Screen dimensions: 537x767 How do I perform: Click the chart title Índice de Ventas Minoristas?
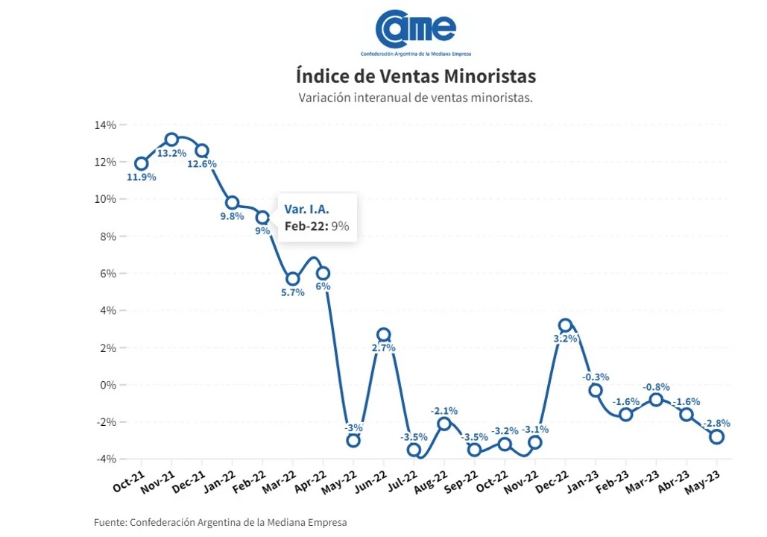coord(415,77)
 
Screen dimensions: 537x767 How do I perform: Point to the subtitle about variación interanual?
coord(415,98)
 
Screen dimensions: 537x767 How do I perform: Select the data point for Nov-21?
coord(171,139)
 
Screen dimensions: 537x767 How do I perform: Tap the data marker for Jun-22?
coord(383,335)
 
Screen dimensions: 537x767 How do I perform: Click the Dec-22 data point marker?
coord(565,325)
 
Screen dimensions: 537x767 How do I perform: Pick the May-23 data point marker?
coord(716,436)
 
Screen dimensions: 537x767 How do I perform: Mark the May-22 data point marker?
coord(353,440)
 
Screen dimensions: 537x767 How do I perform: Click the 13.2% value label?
coord(171,153)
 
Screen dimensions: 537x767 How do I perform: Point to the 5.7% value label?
coord(292,292)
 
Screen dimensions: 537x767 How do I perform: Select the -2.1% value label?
coord(444,410)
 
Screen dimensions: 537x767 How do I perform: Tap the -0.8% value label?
coord(656,387)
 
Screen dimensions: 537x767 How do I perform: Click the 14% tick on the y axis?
coord(105,125)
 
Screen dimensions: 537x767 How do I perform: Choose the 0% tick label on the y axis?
coord(107,385)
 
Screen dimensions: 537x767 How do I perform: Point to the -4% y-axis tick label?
coord(105,459)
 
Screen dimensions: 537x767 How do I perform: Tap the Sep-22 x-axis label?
coord(461,484)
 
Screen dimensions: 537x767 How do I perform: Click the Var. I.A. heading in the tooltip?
coord(306,208)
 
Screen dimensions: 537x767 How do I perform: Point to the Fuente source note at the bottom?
coord(220,522)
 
